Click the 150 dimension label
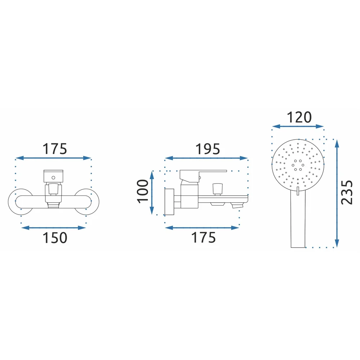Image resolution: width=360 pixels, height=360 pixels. pos(55,238)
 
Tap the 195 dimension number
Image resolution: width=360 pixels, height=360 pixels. pos(208,149)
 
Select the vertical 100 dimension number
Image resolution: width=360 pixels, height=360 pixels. pos(143,191)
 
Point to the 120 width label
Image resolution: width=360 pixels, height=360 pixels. pos(299,117)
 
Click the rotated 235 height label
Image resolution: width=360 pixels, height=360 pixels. pos(347,192)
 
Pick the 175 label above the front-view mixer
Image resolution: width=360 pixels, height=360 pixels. pos(55,149)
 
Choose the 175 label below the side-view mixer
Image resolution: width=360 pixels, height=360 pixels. pos(203,238)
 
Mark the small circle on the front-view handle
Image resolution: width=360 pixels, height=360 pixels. pos(53,177)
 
